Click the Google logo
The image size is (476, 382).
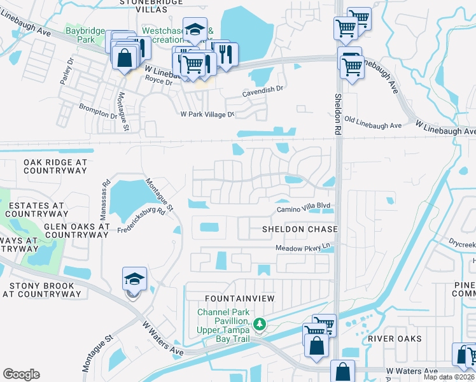click(21, 374)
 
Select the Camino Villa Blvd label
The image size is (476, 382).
click(304, 209)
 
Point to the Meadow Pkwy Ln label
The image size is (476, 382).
click(304, 248)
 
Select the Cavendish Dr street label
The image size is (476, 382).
click(262, 90)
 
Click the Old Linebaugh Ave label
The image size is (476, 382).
click(373, 122)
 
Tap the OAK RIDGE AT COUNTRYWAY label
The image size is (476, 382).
click(55, 167)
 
